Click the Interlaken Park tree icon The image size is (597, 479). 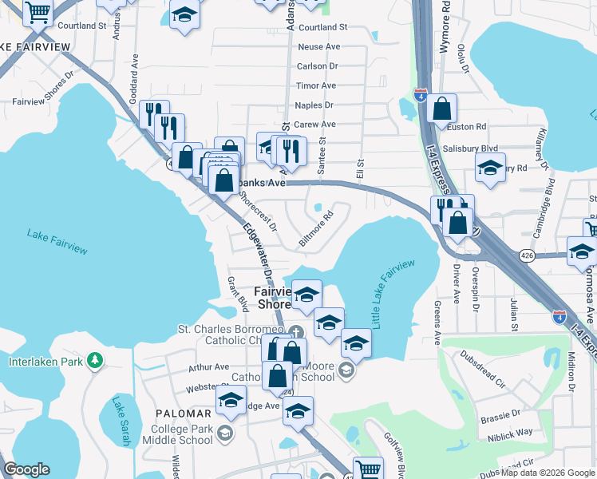[x=96, y=362]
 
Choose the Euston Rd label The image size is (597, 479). [x=470, y=127]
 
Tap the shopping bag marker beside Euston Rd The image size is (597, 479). [x=441, y=108]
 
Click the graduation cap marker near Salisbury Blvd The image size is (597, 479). [x=490, y=167]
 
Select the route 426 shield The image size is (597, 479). [x=526, y=255]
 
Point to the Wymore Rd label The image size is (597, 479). [x=446, y=32]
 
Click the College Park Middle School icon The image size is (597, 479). [x=226, y=433]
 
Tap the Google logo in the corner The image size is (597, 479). [x=26, y=469]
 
